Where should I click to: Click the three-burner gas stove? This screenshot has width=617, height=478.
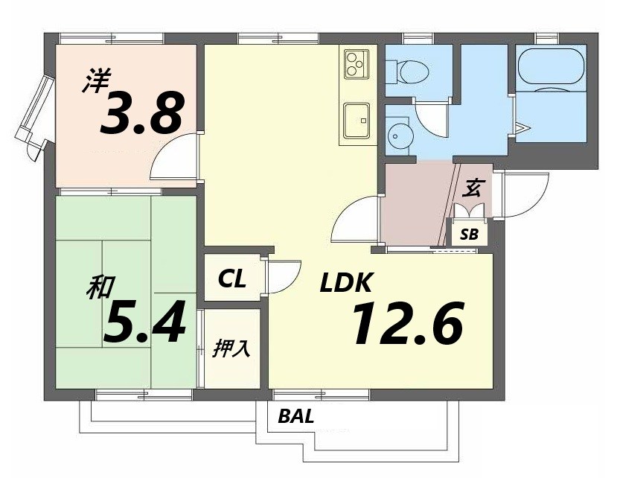point(357,63)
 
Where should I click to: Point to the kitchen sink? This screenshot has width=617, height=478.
point(357,121)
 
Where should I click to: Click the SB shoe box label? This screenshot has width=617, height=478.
point(470,235)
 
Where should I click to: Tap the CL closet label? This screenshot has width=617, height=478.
point(232,278)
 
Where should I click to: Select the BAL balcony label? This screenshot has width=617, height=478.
point(296,415)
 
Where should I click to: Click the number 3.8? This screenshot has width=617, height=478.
point(142,112)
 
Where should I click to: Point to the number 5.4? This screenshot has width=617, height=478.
point(144,322)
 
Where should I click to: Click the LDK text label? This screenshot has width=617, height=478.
point(346,282)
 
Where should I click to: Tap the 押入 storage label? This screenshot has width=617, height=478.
point(231,348)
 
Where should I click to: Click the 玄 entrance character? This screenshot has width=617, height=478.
point(471,188)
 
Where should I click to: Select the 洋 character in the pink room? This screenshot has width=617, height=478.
point(97,80)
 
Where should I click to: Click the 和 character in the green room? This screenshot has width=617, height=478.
point(100,287)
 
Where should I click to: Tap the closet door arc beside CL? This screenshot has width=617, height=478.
point(292,282)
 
